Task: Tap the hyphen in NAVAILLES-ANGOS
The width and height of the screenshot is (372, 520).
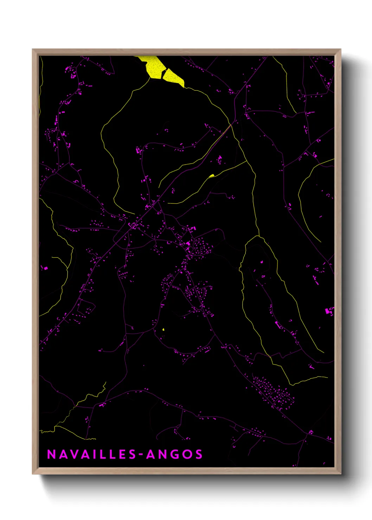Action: [x=141, y=455]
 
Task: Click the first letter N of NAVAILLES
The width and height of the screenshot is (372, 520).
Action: [x=51, y=454]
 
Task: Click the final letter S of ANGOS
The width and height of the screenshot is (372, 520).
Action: [x=199, y=454]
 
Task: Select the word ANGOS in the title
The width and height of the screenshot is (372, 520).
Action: [x=174, y=454]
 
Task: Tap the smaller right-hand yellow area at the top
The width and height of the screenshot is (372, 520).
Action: [x=173, y=77]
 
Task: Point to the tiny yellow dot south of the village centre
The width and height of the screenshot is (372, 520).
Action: [x=163, y=330]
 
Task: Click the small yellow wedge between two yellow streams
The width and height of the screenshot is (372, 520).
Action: [x=211, y=176]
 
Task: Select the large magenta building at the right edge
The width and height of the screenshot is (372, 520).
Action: [x=329, y=311]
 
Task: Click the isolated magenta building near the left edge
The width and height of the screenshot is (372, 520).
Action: [x=45, y=268]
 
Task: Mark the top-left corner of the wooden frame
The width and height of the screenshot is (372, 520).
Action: [x=33, y=50]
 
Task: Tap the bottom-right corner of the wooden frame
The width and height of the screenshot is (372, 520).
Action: [x=340, y=474]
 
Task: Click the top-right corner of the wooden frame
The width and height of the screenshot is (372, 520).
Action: [x=340, y=50]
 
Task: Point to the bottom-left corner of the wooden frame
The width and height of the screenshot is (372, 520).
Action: [x=33, y=474]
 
